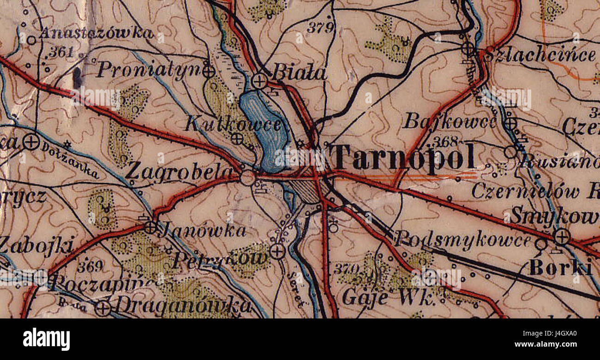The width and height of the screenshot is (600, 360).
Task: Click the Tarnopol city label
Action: click(x=404, y=157)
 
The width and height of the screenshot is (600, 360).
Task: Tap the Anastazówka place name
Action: click(x=96, y=33)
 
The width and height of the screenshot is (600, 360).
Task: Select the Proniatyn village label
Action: click(x=149, y=70)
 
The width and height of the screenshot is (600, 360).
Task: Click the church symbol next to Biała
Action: click(x=259, y=81)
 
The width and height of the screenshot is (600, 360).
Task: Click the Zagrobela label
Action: click(x=179, y=172)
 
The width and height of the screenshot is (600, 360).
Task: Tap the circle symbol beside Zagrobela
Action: click(x=248, y=178)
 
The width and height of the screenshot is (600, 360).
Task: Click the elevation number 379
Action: click(x=320, y=28)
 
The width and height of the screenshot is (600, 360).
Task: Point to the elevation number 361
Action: click(x=61, y=52)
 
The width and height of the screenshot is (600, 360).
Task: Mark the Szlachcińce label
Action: click(x=540, y=55)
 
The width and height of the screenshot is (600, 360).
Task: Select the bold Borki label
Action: click(x=560, y=267)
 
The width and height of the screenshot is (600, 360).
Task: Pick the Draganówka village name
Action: click(x=183, y=306)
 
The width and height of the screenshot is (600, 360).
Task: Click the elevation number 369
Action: click(x=90, y=267)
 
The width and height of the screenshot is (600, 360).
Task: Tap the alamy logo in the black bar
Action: click(x=47, y=339)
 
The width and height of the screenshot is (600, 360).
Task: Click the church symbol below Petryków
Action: click(x=277, y=251)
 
